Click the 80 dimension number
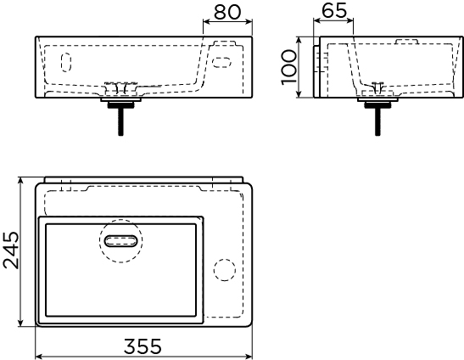click(227, 12)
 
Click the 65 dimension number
click(334, 11)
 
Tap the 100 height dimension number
click(288, 67)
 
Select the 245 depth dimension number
click(11, 250)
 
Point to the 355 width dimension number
click(143, 346)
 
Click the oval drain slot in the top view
click(121, 241)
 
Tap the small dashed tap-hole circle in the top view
click(225, 270)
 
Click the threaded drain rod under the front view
click(120, 121)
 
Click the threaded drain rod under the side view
click(377, 121)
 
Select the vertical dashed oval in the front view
click(66, 62)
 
